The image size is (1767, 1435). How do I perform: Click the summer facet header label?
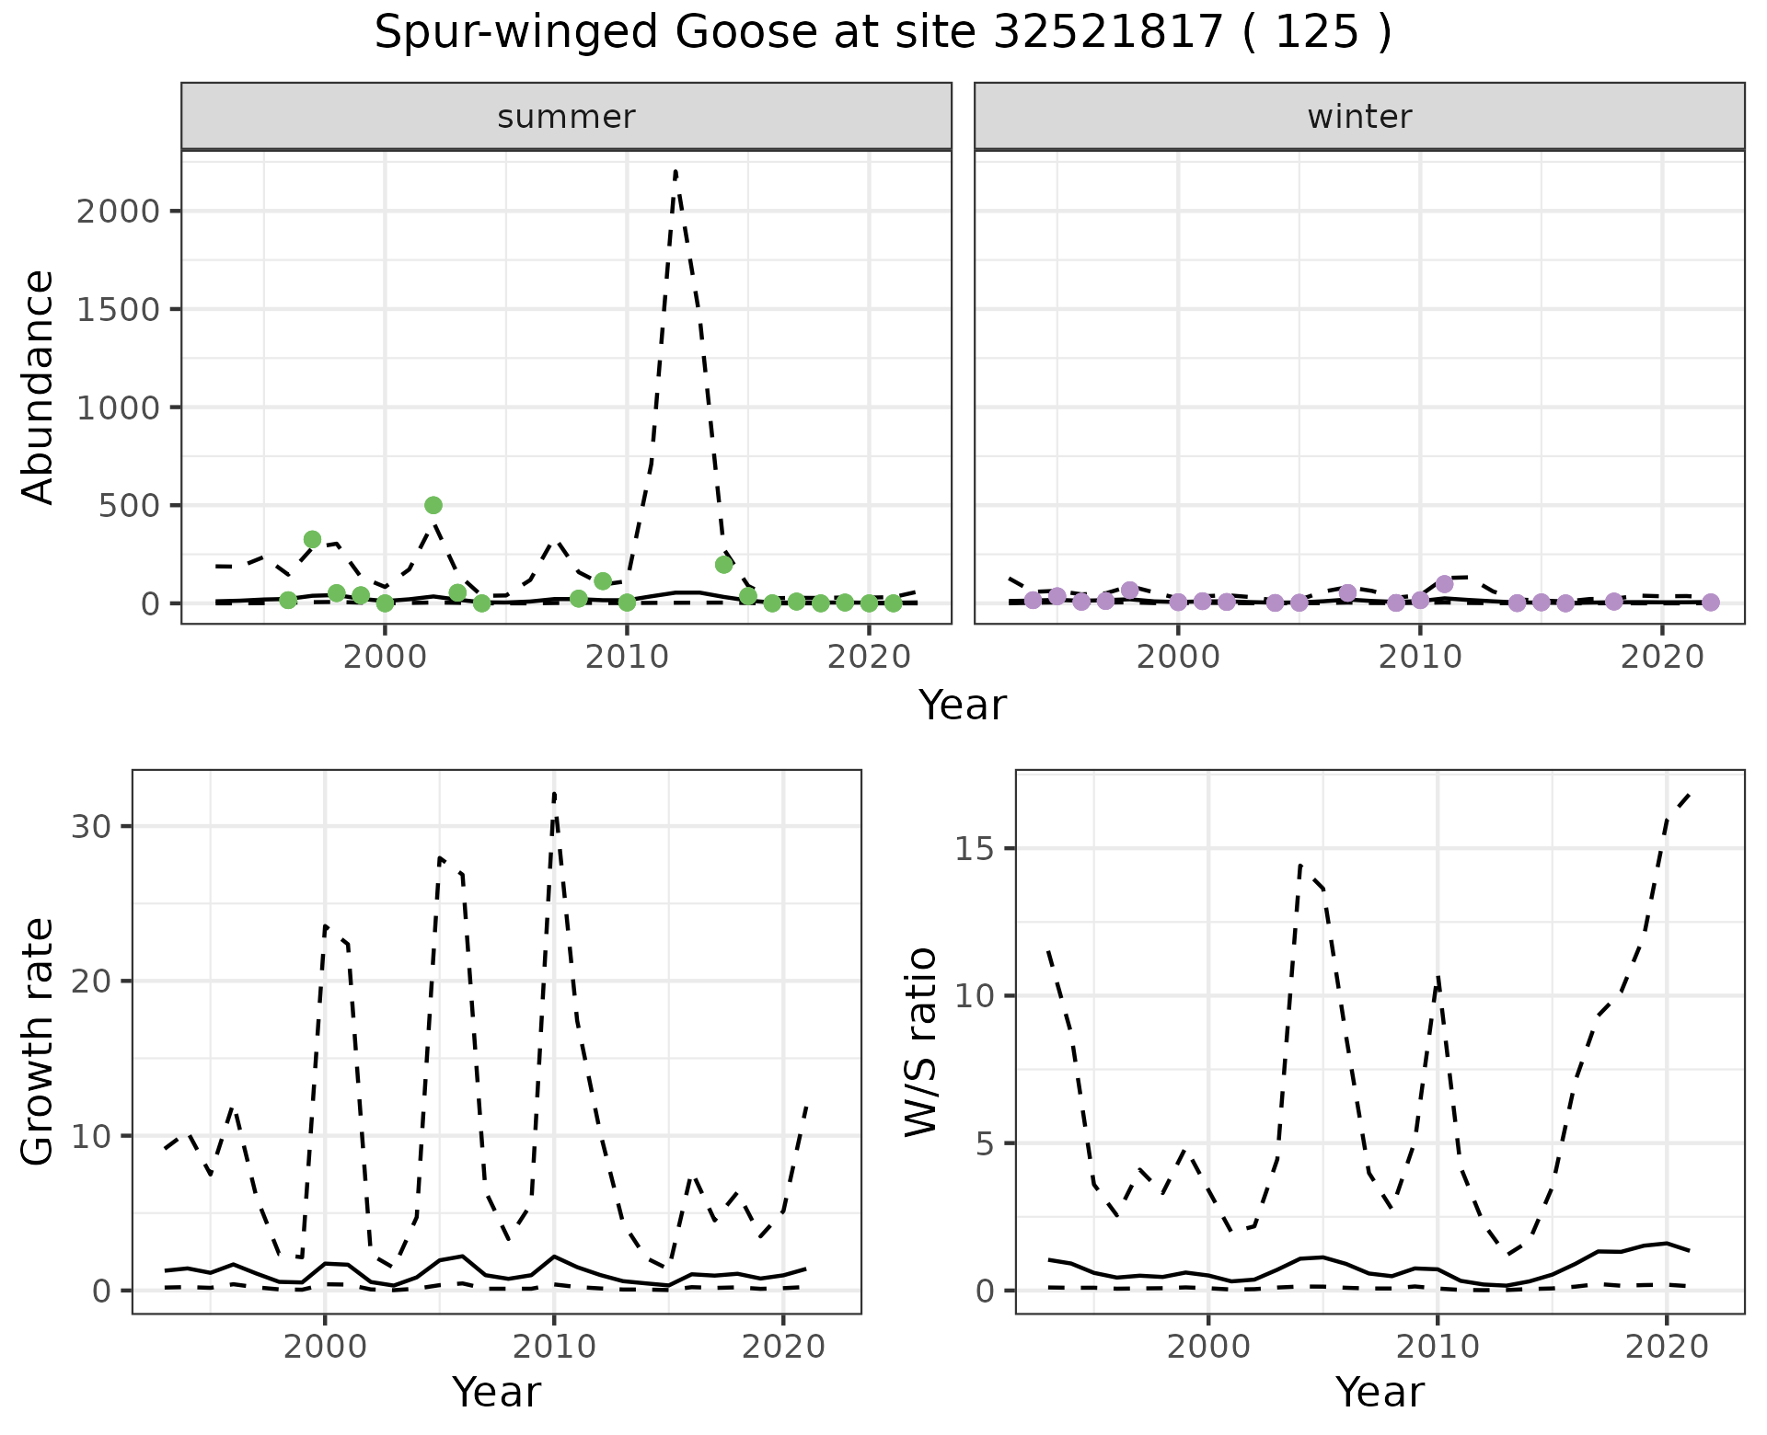tap(566, 117)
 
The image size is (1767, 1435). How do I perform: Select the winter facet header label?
tap(1359, 117)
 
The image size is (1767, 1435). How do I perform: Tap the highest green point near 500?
tap(433, 505)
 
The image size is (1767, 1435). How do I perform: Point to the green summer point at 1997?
tap(312, 539)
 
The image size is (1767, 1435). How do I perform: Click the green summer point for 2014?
tap(723, 565)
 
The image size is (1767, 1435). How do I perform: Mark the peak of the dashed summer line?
tap(676, 171)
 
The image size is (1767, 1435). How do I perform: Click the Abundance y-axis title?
tap(39, 386)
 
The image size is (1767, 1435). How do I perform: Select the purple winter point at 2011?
tap(1444, 584)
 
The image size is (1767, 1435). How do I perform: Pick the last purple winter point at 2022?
tap(1711, 603)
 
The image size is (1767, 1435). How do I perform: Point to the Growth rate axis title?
tap(39, 1041)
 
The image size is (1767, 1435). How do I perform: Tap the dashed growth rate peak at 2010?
tap(554, 793)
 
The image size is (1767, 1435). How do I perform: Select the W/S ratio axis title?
tap(920, 1041)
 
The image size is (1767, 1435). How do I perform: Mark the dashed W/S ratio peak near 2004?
tap(1299, 865)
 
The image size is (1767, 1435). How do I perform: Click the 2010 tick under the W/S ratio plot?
tap(1437, 1348)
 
